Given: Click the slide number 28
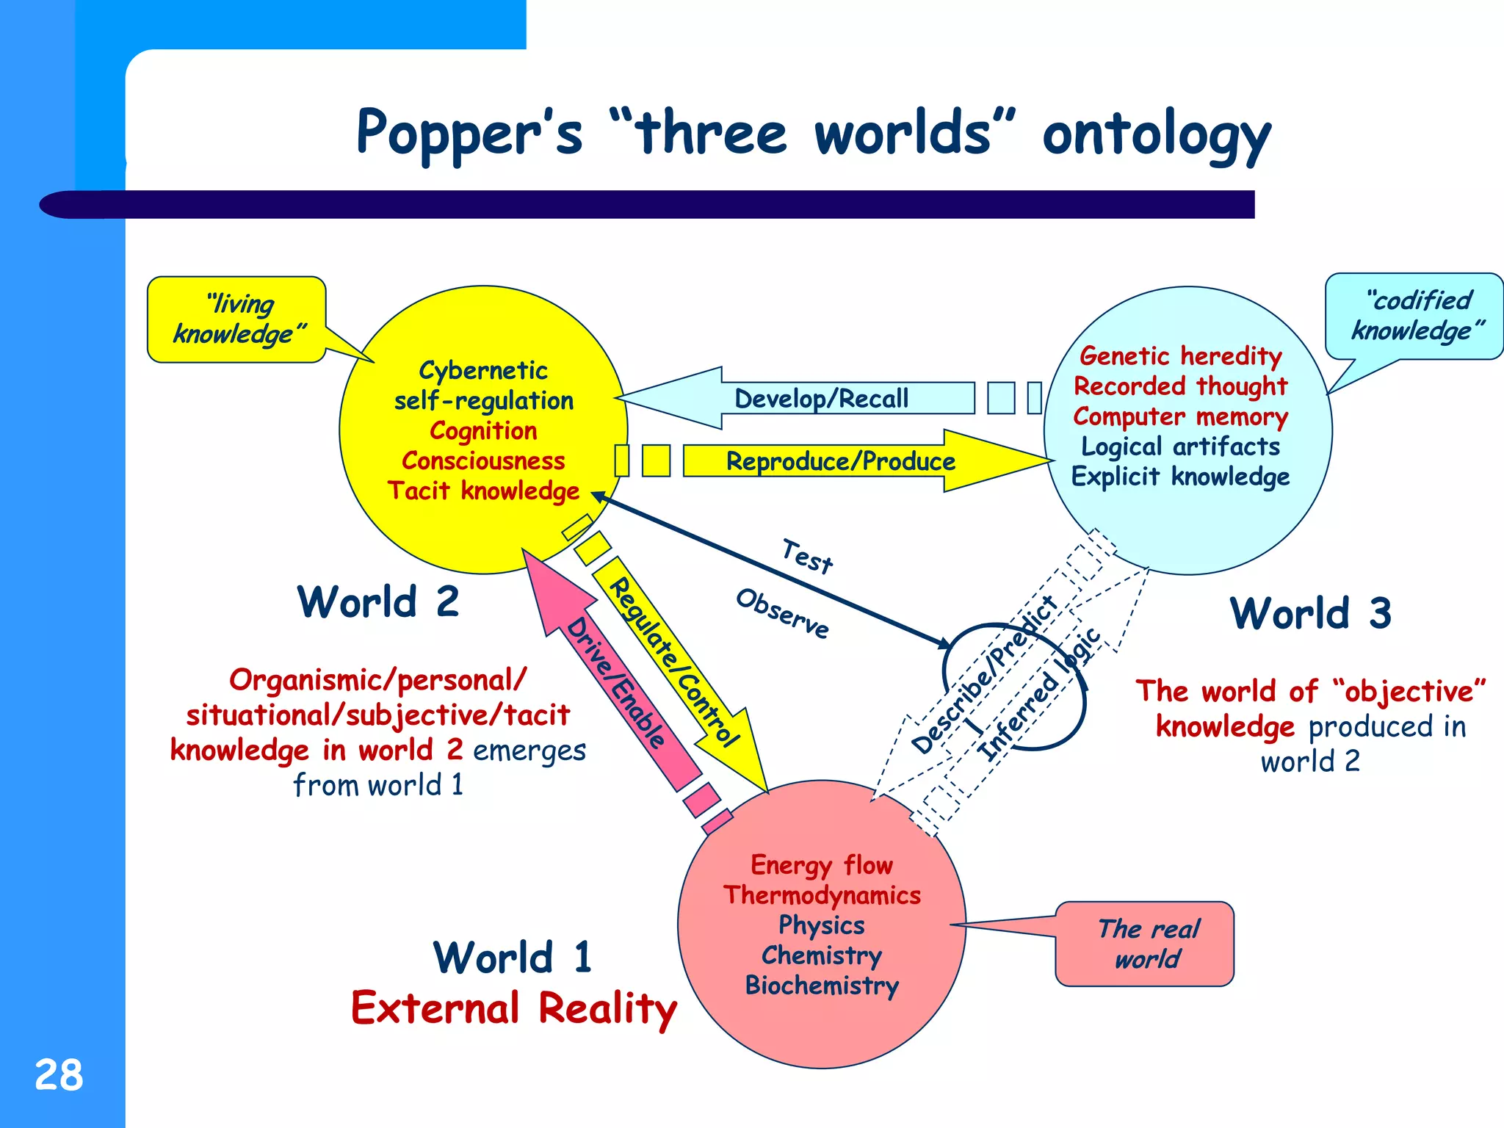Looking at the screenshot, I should pos(59,1075).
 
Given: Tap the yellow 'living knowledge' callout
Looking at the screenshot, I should pos(236,319).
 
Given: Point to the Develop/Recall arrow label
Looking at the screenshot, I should pos(821,399).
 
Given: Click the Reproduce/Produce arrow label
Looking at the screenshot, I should pos(840,461).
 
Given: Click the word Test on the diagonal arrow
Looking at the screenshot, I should pos(807,557).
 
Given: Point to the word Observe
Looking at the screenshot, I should pos(782,613).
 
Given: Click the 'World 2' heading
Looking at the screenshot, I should pos(378,602).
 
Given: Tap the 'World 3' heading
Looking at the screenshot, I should pos(1310,613).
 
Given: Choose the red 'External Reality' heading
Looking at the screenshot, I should pos(514,1008).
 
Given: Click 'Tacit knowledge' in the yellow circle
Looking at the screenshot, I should pos(483,491).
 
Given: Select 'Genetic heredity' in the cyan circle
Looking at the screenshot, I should pos(1180,356).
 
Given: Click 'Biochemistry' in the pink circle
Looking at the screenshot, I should pos(822,986).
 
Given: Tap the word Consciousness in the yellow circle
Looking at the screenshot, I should pos(483,460).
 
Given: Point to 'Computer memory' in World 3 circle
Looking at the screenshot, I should pos(1180,416).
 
